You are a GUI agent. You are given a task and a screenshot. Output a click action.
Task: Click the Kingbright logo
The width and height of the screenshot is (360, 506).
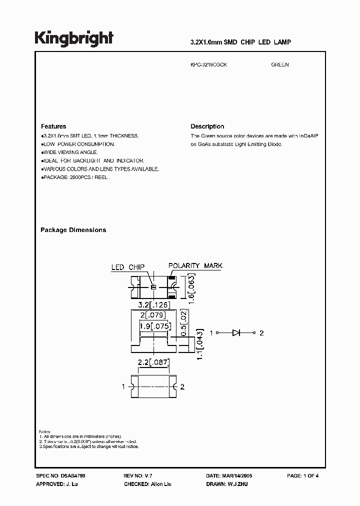[74, 38]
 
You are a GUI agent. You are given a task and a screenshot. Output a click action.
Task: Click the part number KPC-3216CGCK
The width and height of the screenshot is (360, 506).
[209, 65]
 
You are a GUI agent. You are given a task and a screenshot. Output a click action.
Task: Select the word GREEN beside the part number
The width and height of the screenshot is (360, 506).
[280, 65]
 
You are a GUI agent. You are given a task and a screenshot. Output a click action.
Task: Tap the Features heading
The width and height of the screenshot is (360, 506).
[53, 126]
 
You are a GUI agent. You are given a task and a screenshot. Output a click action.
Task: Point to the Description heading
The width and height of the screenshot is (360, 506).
[207, 126]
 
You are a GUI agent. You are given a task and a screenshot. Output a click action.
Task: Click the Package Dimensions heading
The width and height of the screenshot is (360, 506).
[73, 230]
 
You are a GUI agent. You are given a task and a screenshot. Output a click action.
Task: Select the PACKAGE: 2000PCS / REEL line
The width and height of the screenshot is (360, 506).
[75, 177]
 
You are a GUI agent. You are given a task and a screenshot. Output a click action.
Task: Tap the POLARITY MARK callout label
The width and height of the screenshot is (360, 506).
[195, 266]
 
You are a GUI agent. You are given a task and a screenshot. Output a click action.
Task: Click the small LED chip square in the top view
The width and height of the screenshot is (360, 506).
[154, 287]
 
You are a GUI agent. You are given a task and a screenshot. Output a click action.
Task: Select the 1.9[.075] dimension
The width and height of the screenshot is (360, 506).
[155, 326]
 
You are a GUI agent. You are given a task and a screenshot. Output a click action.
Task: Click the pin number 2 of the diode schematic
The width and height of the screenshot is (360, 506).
[261, 333]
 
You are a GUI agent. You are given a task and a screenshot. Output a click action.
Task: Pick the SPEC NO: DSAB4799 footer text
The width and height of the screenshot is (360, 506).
[57, 476]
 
